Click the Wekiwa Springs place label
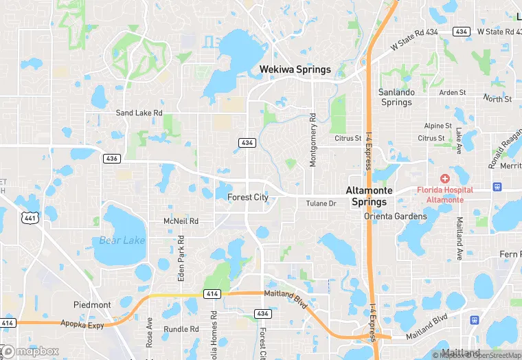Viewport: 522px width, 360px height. (295, 69)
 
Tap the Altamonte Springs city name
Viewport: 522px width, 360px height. (369, 196)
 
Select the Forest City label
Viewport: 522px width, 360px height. (247, 198)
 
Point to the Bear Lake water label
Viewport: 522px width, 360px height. (122, 240)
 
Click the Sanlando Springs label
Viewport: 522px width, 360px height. (396, 97)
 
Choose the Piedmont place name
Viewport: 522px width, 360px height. (92, 304)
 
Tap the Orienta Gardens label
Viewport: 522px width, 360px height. (396, 216)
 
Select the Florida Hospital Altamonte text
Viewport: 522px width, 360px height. (445, 194)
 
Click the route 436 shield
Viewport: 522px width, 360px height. (112, 159)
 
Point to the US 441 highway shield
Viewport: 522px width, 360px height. (30, 217)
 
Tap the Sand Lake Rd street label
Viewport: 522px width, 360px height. (139, 113)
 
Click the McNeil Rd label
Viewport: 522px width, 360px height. (181, 221)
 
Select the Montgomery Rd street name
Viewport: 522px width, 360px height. (313, 140)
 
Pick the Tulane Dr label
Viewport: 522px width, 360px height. (321, 203)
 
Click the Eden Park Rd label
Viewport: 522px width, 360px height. (181, 258)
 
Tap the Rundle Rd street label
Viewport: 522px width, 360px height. (181, 329)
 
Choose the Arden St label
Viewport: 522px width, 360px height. (453, 92)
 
